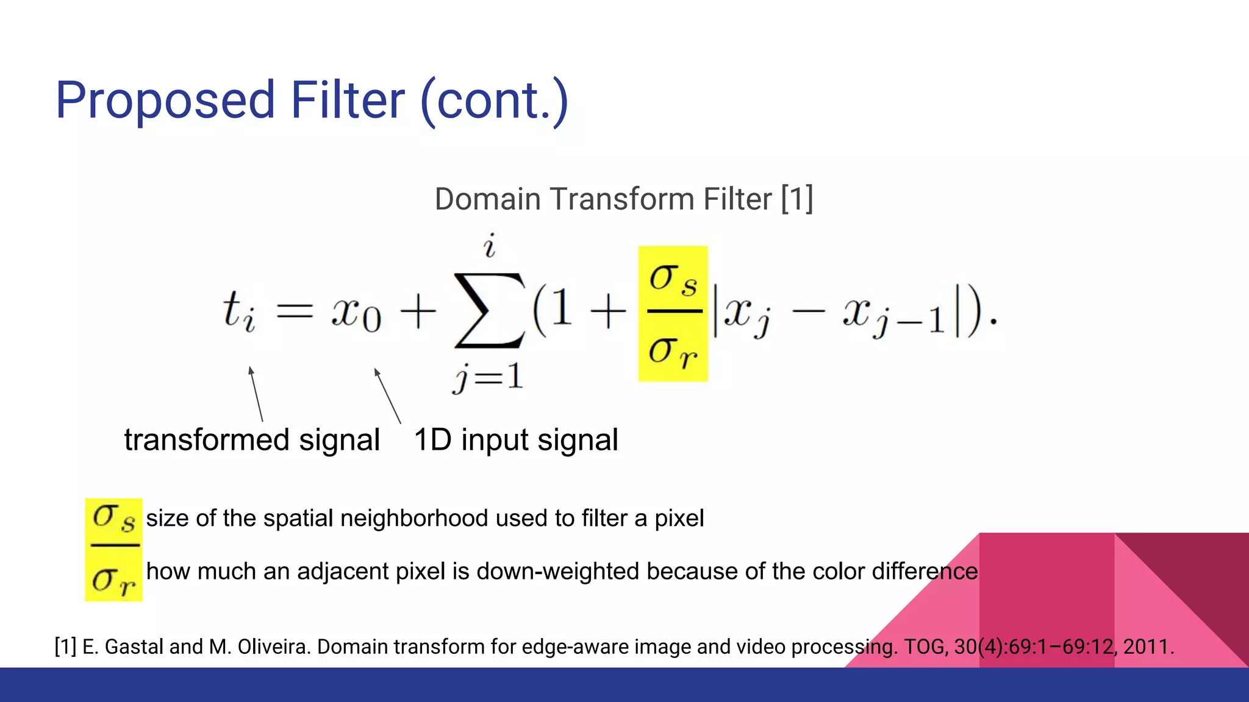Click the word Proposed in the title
pos(165,101)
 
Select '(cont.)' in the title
pos(495,101)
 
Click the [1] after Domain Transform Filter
pos(797,199)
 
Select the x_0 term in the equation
pos(356,313)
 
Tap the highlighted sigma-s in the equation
pos(673,279)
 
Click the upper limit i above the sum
pos(489,246)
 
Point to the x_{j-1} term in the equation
pos(894,317)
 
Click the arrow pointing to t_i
pos(256,394)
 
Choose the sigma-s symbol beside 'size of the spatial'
pos(113,518)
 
